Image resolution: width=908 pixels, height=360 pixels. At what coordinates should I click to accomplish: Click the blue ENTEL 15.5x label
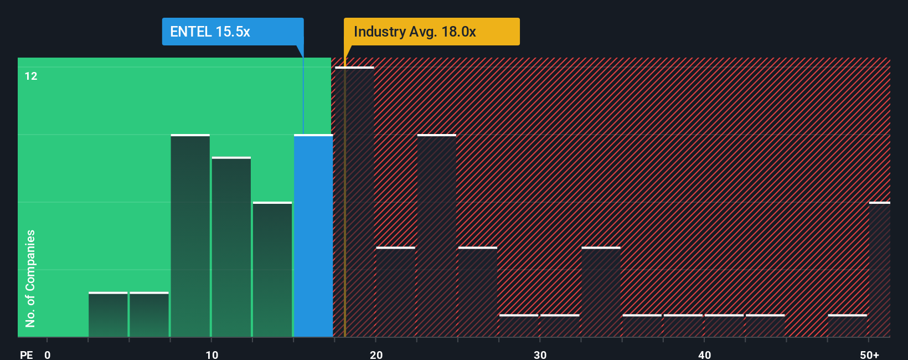click(233, 32)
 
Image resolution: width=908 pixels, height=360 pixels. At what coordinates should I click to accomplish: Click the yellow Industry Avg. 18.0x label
click(431, 32)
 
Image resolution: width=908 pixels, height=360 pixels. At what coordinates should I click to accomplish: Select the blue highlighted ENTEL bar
click(313, 235)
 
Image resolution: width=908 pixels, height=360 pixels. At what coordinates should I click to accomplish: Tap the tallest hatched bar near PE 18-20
click(354, 202)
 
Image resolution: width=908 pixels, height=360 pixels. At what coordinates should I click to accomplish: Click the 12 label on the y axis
click(31, 76)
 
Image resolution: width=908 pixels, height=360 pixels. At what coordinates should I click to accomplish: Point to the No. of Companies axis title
click(30, 278)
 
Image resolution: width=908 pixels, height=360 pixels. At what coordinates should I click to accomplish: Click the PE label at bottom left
click(26, 354)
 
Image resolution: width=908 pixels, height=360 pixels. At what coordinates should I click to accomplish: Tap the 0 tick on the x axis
click(48, 354)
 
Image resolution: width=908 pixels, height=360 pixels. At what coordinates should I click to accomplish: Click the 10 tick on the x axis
click(211, 354)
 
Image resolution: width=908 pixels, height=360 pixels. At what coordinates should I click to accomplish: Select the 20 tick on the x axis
click(376, 354)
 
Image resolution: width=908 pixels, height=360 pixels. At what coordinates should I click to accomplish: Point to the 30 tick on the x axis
click(540, 354)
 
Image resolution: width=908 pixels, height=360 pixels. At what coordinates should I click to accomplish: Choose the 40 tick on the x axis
click(704, 354)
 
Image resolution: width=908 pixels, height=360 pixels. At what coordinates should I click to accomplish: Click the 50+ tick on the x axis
click(869, 354)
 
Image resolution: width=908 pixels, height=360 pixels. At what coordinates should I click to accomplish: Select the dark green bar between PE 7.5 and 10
click(190, 235)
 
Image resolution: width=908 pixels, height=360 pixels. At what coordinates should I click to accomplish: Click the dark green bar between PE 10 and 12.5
click(231, 246)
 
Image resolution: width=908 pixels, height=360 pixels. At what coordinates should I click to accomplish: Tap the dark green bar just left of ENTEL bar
click(272, 269)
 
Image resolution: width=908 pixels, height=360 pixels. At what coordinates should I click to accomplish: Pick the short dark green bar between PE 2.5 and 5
click(108, 315)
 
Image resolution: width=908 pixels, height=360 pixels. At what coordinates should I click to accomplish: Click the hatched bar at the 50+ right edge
click(879, 269)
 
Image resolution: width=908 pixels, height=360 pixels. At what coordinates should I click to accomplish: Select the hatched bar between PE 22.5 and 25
click(437, 235)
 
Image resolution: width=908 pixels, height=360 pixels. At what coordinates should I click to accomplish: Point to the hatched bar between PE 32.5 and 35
click(601, 292)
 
